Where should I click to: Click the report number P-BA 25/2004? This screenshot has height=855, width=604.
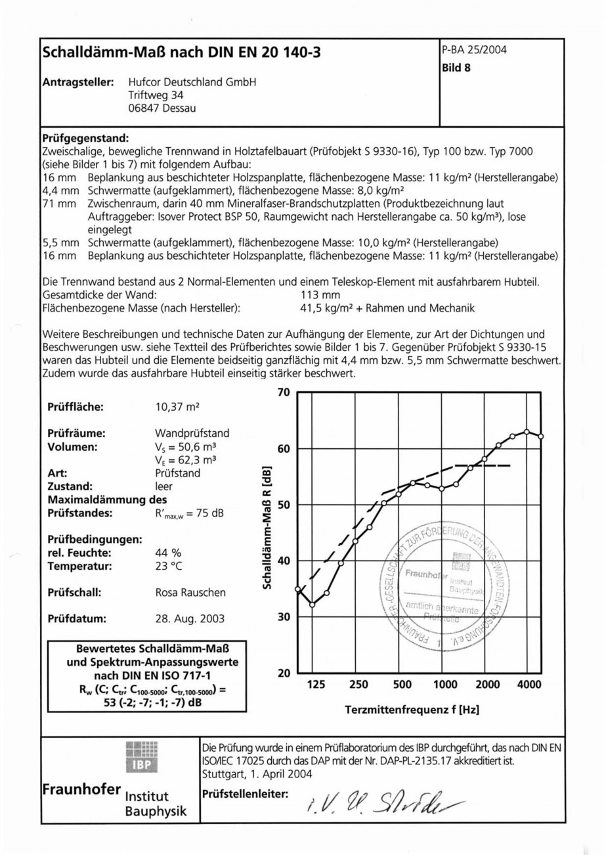(475, 50)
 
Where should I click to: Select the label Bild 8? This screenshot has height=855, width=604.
(456, 66)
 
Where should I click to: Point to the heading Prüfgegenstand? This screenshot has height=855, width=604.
(86, 139)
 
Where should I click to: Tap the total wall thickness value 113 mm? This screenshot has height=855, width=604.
(320, 294)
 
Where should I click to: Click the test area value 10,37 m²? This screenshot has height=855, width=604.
(177, 407)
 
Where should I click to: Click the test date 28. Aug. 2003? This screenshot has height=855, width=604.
(189, 618)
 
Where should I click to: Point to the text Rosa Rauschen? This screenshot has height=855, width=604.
(190, 592)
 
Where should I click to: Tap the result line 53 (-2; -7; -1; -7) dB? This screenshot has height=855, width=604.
(143, 703)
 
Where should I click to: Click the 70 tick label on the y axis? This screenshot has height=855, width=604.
(284, 393)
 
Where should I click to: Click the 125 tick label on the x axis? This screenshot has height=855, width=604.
(316, 685)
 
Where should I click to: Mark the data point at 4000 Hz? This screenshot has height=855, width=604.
(527, 432)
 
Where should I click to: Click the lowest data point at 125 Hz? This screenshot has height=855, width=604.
(313, 605)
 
